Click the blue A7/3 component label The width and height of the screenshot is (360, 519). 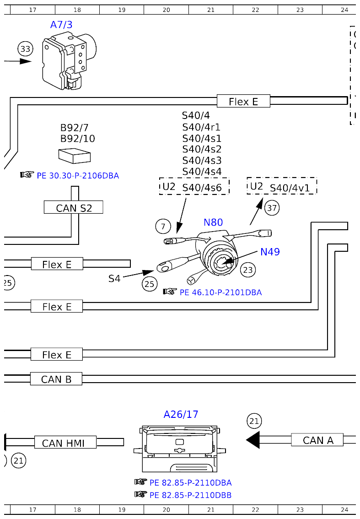pos(61,25)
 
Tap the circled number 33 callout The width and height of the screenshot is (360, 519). pos(26,49)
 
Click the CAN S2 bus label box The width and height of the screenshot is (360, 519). pos(73,208)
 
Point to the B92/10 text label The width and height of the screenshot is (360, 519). pos(78,139)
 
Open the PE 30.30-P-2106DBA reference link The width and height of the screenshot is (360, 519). pos(77,175)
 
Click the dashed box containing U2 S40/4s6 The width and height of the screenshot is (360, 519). pos(194,187)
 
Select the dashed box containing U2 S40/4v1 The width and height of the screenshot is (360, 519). pos(282,187)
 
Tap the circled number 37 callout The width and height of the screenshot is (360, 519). pos(272,208)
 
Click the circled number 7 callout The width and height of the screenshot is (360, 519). pos(163,226)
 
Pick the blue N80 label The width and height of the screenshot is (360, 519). pos(213,222)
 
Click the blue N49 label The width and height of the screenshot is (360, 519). pos(270,252)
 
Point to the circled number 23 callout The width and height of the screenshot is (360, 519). pos(247,270)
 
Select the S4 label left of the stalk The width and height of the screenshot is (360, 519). pos(114,278)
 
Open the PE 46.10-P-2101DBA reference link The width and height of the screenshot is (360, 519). pos(220,292)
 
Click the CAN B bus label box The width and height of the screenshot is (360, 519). pos(56,379)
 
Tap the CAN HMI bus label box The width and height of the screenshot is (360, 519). pos(65,443)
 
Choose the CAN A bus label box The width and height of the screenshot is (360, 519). pos(317,440)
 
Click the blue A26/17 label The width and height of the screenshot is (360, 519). pos(181,415)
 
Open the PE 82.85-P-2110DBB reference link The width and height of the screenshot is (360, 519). pos(190,495)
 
